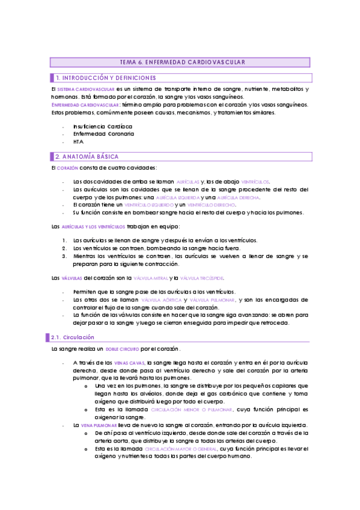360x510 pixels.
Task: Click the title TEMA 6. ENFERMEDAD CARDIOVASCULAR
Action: tap(180, 62)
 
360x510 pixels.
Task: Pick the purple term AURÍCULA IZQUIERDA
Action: tap(177, 198)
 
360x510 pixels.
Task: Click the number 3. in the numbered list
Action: tap(64, 256)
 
